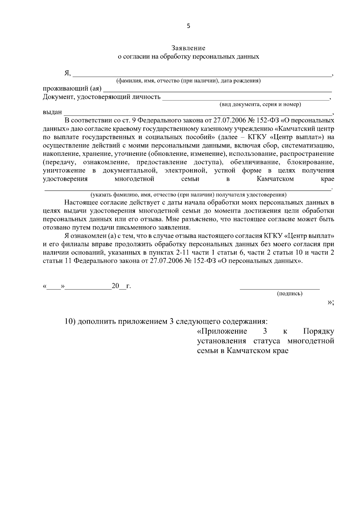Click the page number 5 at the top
click(188, 26)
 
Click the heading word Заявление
click(188, 48)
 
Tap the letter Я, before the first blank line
click(67, 73)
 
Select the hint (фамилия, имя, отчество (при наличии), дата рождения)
click(188, 81)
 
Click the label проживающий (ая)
click(72, 89)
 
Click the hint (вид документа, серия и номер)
click(260, 105)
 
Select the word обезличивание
click(256, 162)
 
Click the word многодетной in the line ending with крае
click(134, 179)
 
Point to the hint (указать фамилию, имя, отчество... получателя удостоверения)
click(188, 195)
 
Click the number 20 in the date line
click(115, 286)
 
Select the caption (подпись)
click(289, 294)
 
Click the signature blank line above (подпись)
click(280, 289)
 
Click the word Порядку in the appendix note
click(318, 331)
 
